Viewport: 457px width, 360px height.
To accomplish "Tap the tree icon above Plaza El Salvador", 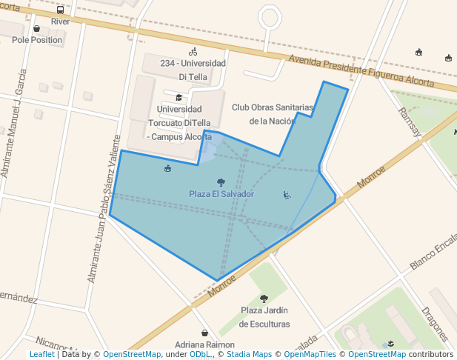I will pos(221,182).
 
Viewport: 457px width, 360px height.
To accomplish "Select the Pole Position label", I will pos(37,40).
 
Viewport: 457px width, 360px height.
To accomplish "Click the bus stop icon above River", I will pos(60,10).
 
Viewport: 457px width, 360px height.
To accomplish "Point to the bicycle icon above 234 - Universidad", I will pos(193,52).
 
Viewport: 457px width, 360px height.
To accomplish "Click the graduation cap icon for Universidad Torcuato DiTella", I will pos(179,97).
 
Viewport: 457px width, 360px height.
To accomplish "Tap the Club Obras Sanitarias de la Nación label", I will pos(273,114).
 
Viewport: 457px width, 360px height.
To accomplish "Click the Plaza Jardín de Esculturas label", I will pos(264,317).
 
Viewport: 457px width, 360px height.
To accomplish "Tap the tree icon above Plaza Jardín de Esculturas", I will pos(264,299).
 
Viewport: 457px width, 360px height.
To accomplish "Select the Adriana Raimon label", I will pos(205,345).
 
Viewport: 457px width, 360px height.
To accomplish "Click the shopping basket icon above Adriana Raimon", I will pos(204,333).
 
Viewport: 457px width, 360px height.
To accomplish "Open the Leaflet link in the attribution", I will pos(41,355).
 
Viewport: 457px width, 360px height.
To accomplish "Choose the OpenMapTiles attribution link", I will pos(310,355).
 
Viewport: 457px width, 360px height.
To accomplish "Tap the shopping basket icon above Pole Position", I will pos(36,29).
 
